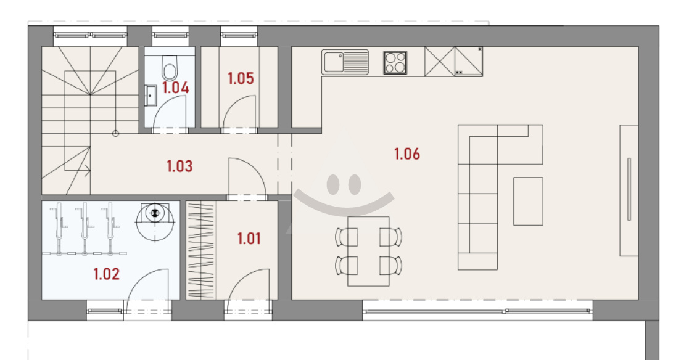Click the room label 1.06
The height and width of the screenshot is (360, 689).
[x=407, y=154]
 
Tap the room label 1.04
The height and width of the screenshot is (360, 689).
[x=176, y=88]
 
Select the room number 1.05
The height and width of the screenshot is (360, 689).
[x=241, y=78]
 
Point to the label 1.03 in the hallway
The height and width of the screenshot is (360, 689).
[x=179, y=166]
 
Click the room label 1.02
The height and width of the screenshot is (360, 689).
[x=106, y=274]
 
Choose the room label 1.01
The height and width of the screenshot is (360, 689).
[x=249, y=239]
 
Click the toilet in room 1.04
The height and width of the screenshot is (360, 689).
[x=170, y=67]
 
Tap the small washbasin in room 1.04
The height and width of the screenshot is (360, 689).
[x=151, y=96]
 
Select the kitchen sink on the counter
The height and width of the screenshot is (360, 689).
[x=345, y=62]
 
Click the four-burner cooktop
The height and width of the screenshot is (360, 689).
[x=395, y=62]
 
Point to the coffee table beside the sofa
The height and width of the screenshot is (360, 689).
[x=528, y=201]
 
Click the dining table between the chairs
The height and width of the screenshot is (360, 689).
[x=369, y=251]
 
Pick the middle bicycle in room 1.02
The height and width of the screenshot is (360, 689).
[x=85, y=228]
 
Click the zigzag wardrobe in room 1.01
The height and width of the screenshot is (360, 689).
[x=201, y=250]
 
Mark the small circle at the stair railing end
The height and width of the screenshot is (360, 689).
[x=115, y=134]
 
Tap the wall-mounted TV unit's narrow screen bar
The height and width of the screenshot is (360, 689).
[x=629, y=189]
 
